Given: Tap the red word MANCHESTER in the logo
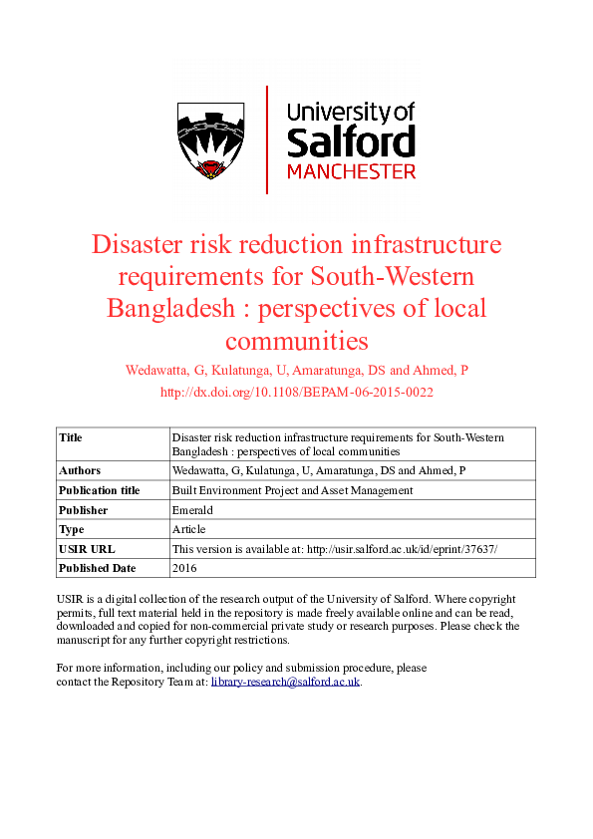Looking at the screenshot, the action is (351, 171).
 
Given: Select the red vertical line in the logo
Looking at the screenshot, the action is (267, 140).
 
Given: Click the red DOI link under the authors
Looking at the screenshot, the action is (296, 393).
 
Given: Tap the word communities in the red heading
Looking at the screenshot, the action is (297, 341).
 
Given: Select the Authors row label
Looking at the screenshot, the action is (80, 470).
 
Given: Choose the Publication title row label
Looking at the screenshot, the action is (100, 490).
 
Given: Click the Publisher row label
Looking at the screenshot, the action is (83, 510).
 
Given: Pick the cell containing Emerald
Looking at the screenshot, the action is (191, 510).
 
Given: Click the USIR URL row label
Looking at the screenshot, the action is (87, 549).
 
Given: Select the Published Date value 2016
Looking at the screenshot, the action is (184, 568).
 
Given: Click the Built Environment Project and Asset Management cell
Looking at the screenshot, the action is (292, 490).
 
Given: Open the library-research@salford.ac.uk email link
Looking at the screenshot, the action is (285, 682).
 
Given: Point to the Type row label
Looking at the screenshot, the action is (71, 529).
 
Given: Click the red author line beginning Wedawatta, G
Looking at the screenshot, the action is (296, 371).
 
